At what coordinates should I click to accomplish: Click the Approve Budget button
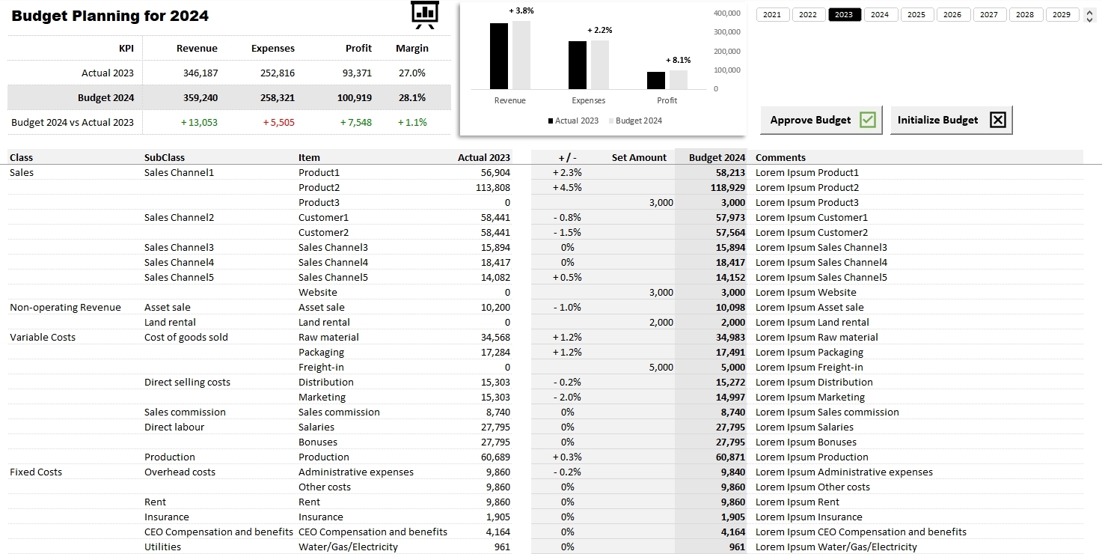pos(821,120)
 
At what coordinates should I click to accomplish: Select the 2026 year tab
pos(952,15)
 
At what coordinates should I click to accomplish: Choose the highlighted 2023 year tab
pos(844,15)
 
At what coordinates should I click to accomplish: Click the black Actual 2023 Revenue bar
pos(499,56)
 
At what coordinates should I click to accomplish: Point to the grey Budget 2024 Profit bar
pos(679,80)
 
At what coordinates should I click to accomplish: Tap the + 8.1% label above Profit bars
pos(678,60)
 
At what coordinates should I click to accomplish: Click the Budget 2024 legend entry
pos(635,121)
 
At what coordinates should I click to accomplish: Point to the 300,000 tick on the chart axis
pos(726,32)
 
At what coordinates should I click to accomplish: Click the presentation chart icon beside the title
pos(424,15)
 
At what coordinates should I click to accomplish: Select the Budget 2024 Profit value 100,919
pos(354,97)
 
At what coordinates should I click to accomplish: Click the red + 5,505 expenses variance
pos(278,122)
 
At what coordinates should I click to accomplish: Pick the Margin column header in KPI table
pos(411,48)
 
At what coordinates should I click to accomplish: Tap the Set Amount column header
pos(639,157)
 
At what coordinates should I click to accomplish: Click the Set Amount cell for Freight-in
pos(661,368)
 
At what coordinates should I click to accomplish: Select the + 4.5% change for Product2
pos(567,188)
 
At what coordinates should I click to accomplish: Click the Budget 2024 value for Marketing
pos(730,398)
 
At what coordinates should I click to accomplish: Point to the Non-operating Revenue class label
pos(65,307)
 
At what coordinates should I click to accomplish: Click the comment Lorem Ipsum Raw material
pos(817,338)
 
